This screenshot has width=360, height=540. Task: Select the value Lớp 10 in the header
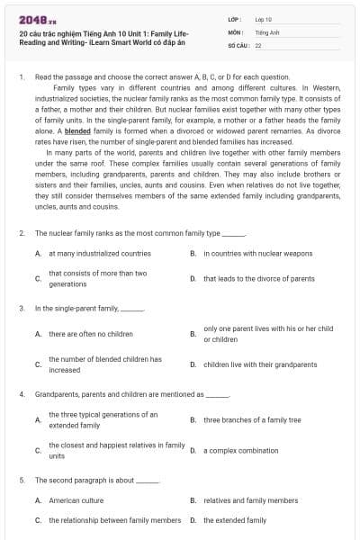point(264,18)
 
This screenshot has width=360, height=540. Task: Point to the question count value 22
point(258,43)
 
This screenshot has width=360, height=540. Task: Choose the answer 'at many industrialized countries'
point(99,254)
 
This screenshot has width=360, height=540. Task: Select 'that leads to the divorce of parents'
point(258,278)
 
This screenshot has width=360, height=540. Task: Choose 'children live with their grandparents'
point(260,364)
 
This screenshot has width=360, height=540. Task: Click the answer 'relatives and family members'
point(250,499)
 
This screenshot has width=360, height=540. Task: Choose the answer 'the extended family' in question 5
point(235,520)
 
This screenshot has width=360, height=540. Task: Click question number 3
point(22,309)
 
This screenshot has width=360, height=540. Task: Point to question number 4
point(22,394)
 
